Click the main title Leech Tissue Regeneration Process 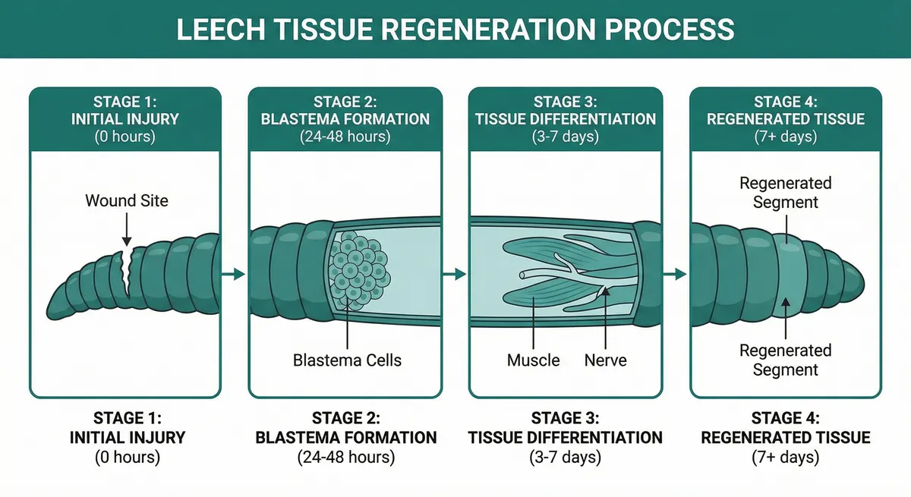pyautogui.click(x=455, y=29)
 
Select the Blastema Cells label pyautogui.click(x=347, y=360)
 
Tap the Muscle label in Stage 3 pyautogui.click(x=533, y=360)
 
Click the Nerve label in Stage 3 pyautogui.click(x=605, y=360)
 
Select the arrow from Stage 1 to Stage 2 pyautogui.click(x=235, y=274)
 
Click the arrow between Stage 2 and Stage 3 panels pyautogui.click(x=455, y=274)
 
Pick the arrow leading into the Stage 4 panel pyautogui.click(x=676, y=274)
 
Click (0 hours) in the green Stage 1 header pyautogui.click(x=125, y=137)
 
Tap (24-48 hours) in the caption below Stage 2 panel pyautogui.click(x=346, y=458)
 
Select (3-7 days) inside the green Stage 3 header pyautogui.click(x=566, y=137)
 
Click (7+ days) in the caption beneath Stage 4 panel pyautogui.click(x=785, y=458)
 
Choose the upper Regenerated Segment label pyautogui.click(x=785, y=193)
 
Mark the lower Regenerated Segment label pyautogui.click(x=785, y=360)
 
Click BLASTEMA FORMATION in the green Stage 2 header pyautogui.click(x=346, y=119)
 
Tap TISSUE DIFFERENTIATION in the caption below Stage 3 pyautogui.click(x=566, y=438)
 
